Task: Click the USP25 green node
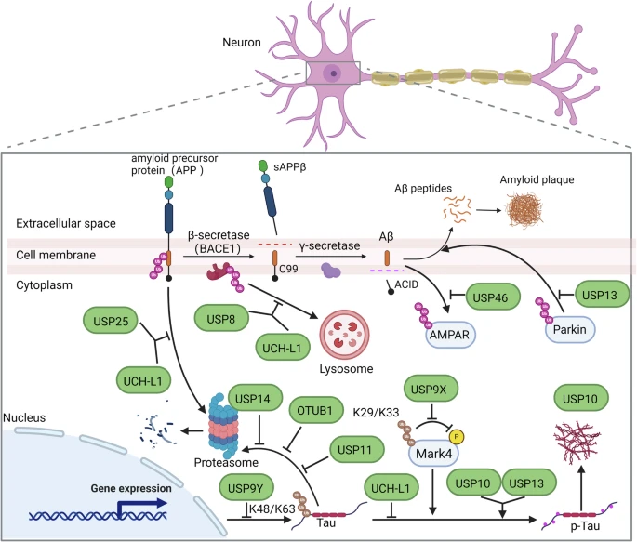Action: (x=111, y=321)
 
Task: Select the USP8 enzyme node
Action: (x=221, y=319)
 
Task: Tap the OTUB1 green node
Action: (x=315, y=411)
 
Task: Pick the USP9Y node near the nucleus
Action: (x=246, y=488)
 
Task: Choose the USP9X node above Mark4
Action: (x=431, y=389)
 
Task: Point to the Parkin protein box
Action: (x=570, y=329)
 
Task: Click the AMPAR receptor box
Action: (x=450, y=335)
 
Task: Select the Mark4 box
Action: (x=433, y=453)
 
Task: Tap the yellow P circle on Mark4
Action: (x=457, y=437)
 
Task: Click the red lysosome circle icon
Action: (x=344, y=335)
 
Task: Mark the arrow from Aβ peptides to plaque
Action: (x=489, y=210)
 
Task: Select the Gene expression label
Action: (x=131, y=488)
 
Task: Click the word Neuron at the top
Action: (x=242, y=42)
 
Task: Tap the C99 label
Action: (x=288, y=269)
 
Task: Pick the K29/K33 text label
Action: (x=376, y=413)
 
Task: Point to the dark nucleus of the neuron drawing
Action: (x=334, y=73)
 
